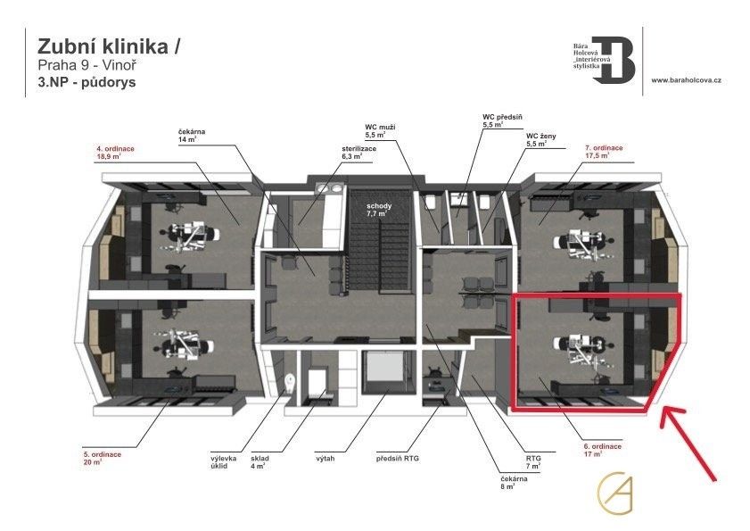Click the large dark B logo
tap(614, 61)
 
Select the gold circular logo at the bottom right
tap(615, 494)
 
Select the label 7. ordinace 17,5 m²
tap(604, 151)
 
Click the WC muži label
tap(382, 132)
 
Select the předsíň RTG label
tap(397, 459)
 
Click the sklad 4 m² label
tap(258, 462)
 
